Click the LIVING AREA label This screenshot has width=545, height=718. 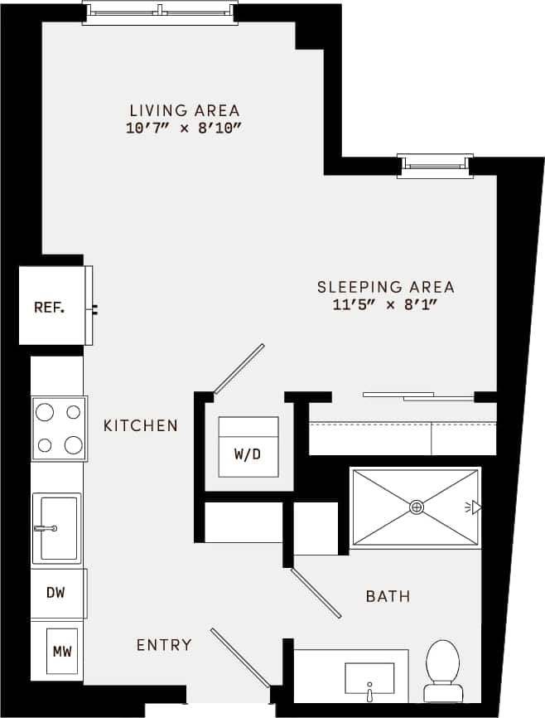point(185,110)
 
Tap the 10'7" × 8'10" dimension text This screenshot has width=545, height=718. point(185,129)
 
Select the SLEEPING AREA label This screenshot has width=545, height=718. point(386,287)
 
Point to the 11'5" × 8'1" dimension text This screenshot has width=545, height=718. point(386,305)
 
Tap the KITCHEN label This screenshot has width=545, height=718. point(141,425)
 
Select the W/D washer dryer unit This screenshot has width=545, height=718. point(248,448)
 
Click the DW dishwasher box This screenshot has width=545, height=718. point(56,593)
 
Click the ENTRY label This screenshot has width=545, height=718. point(164,645)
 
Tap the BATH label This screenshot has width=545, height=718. point(388,596)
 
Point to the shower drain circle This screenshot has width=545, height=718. point(417,507)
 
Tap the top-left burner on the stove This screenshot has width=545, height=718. point(46,411)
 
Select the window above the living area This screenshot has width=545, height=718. point(160,12)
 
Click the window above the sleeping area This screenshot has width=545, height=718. point(435,165)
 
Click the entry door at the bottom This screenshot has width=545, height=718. point(239,658)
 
